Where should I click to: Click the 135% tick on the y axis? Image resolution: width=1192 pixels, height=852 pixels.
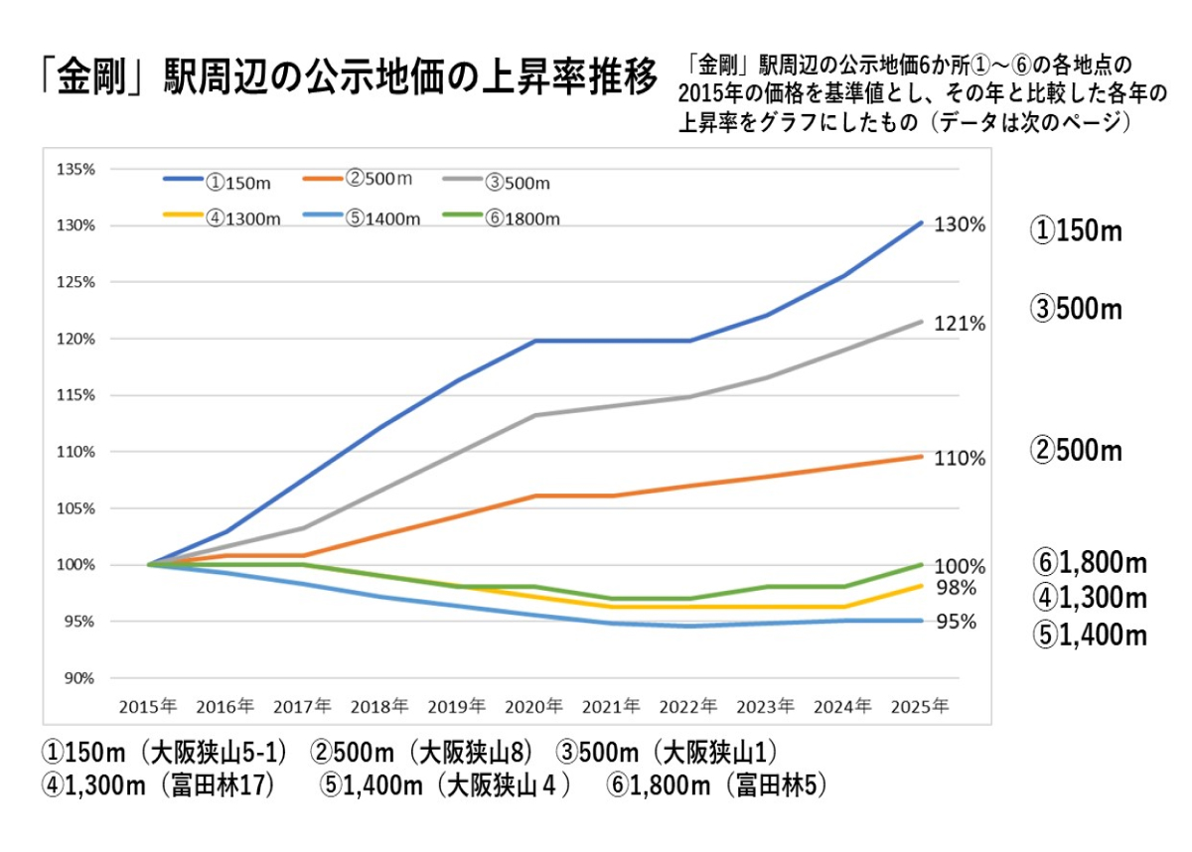pos(75,169)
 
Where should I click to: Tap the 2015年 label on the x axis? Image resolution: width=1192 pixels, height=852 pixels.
pos(148,706)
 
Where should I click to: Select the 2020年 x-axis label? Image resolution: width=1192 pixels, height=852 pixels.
pos(534,706)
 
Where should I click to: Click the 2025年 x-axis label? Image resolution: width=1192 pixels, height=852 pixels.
pos(921,706)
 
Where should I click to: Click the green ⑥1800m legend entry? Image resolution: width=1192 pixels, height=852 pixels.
pos(523,218)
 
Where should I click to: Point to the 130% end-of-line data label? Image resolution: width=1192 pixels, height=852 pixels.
pos(960,225)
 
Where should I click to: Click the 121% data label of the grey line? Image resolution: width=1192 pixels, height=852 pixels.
pos(960,324)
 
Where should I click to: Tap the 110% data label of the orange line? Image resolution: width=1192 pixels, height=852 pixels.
pos(960,459)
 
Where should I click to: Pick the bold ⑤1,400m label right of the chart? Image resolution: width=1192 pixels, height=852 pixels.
pos(1089,635)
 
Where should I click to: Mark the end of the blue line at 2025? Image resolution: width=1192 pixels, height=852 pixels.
pos(922,222)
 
